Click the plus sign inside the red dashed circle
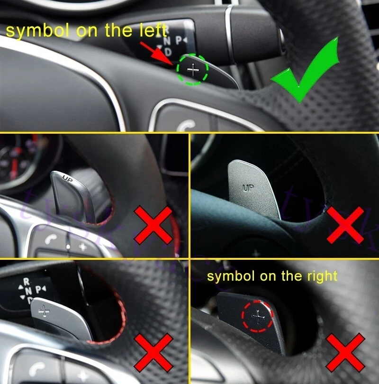click(x=258, y=315)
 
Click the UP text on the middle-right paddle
click(x=248, y=188)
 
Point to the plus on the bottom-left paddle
click(x=45, y=311)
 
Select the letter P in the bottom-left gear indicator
click(x=38, y=288)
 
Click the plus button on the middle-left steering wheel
click(x=83, y=247)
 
